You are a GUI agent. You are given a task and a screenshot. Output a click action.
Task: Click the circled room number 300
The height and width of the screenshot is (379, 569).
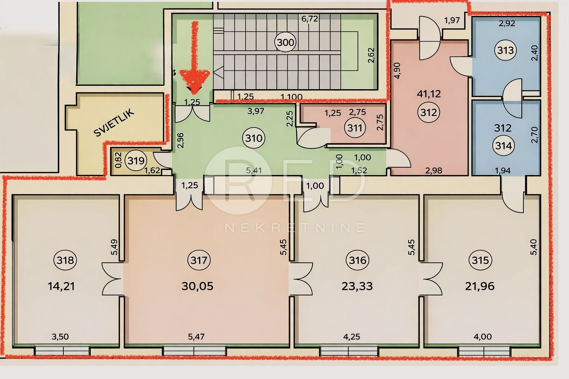(x=286, y=42)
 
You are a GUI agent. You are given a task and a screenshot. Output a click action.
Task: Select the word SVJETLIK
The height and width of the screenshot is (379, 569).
(x=114, y=123)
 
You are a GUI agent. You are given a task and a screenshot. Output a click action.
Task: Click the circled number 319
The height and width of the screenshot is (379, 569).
(x=136, y=160)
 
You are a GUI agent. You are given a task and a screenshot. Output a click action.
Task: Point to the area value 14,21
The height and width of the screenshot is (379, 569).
(x=61, y=286)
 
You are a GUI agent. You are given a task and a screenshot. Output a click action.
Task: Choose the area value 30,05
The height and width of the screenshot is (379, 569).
(x=197, y=286)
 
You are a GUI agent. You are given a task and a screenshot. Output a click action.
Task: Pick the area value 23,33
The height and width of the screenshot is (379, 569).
(x=357, y=286)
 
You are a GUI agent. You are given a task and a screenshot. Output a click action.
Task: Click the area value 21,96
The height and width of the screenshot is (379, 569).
(x=480, y=286)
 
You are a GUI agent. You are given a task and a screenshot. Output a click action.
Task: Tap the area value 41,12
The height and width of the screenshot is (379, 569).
(x=429, y=94)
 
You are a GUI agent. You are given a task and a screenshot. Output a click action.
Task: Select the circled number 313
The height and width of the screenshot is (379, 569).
(x=506, y=50)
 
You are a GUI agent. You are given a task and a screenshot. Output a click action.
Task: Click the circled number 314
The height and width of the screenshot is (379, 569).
(x=503, y=146)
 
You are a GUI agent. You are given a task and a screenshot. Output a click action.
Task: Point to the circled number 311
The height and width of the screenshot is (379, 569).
(x=355, y=128)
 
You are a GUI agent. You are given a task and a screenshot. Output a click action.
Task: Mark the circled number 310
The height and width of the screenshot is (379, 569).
(x=254, y=138)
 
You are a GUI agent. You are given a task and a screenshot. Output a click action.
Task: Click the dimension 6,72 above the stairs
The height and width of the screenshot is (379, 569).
(x=309, y=19)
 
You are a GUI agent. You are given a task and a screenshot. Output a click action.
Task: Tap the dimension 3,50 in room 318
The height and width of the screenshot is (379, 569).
(x=60, y=336)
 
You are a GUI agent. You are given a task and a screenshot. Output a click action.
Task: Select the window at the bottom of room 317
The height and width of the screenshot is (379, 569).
(x=194, y=351)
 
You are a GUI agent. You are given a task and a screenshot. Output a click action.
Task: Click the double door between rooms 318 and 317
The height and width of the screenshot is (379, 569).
(x=113, y=279)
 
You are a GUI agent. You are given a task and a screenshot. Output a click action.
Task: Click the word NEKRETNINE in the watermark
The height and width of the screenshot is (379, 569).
(x=295, y=228)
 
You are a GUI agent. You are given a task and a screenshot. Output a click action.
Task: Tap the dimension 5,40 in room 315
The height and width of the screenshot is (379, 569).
(x=534, y=247)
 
